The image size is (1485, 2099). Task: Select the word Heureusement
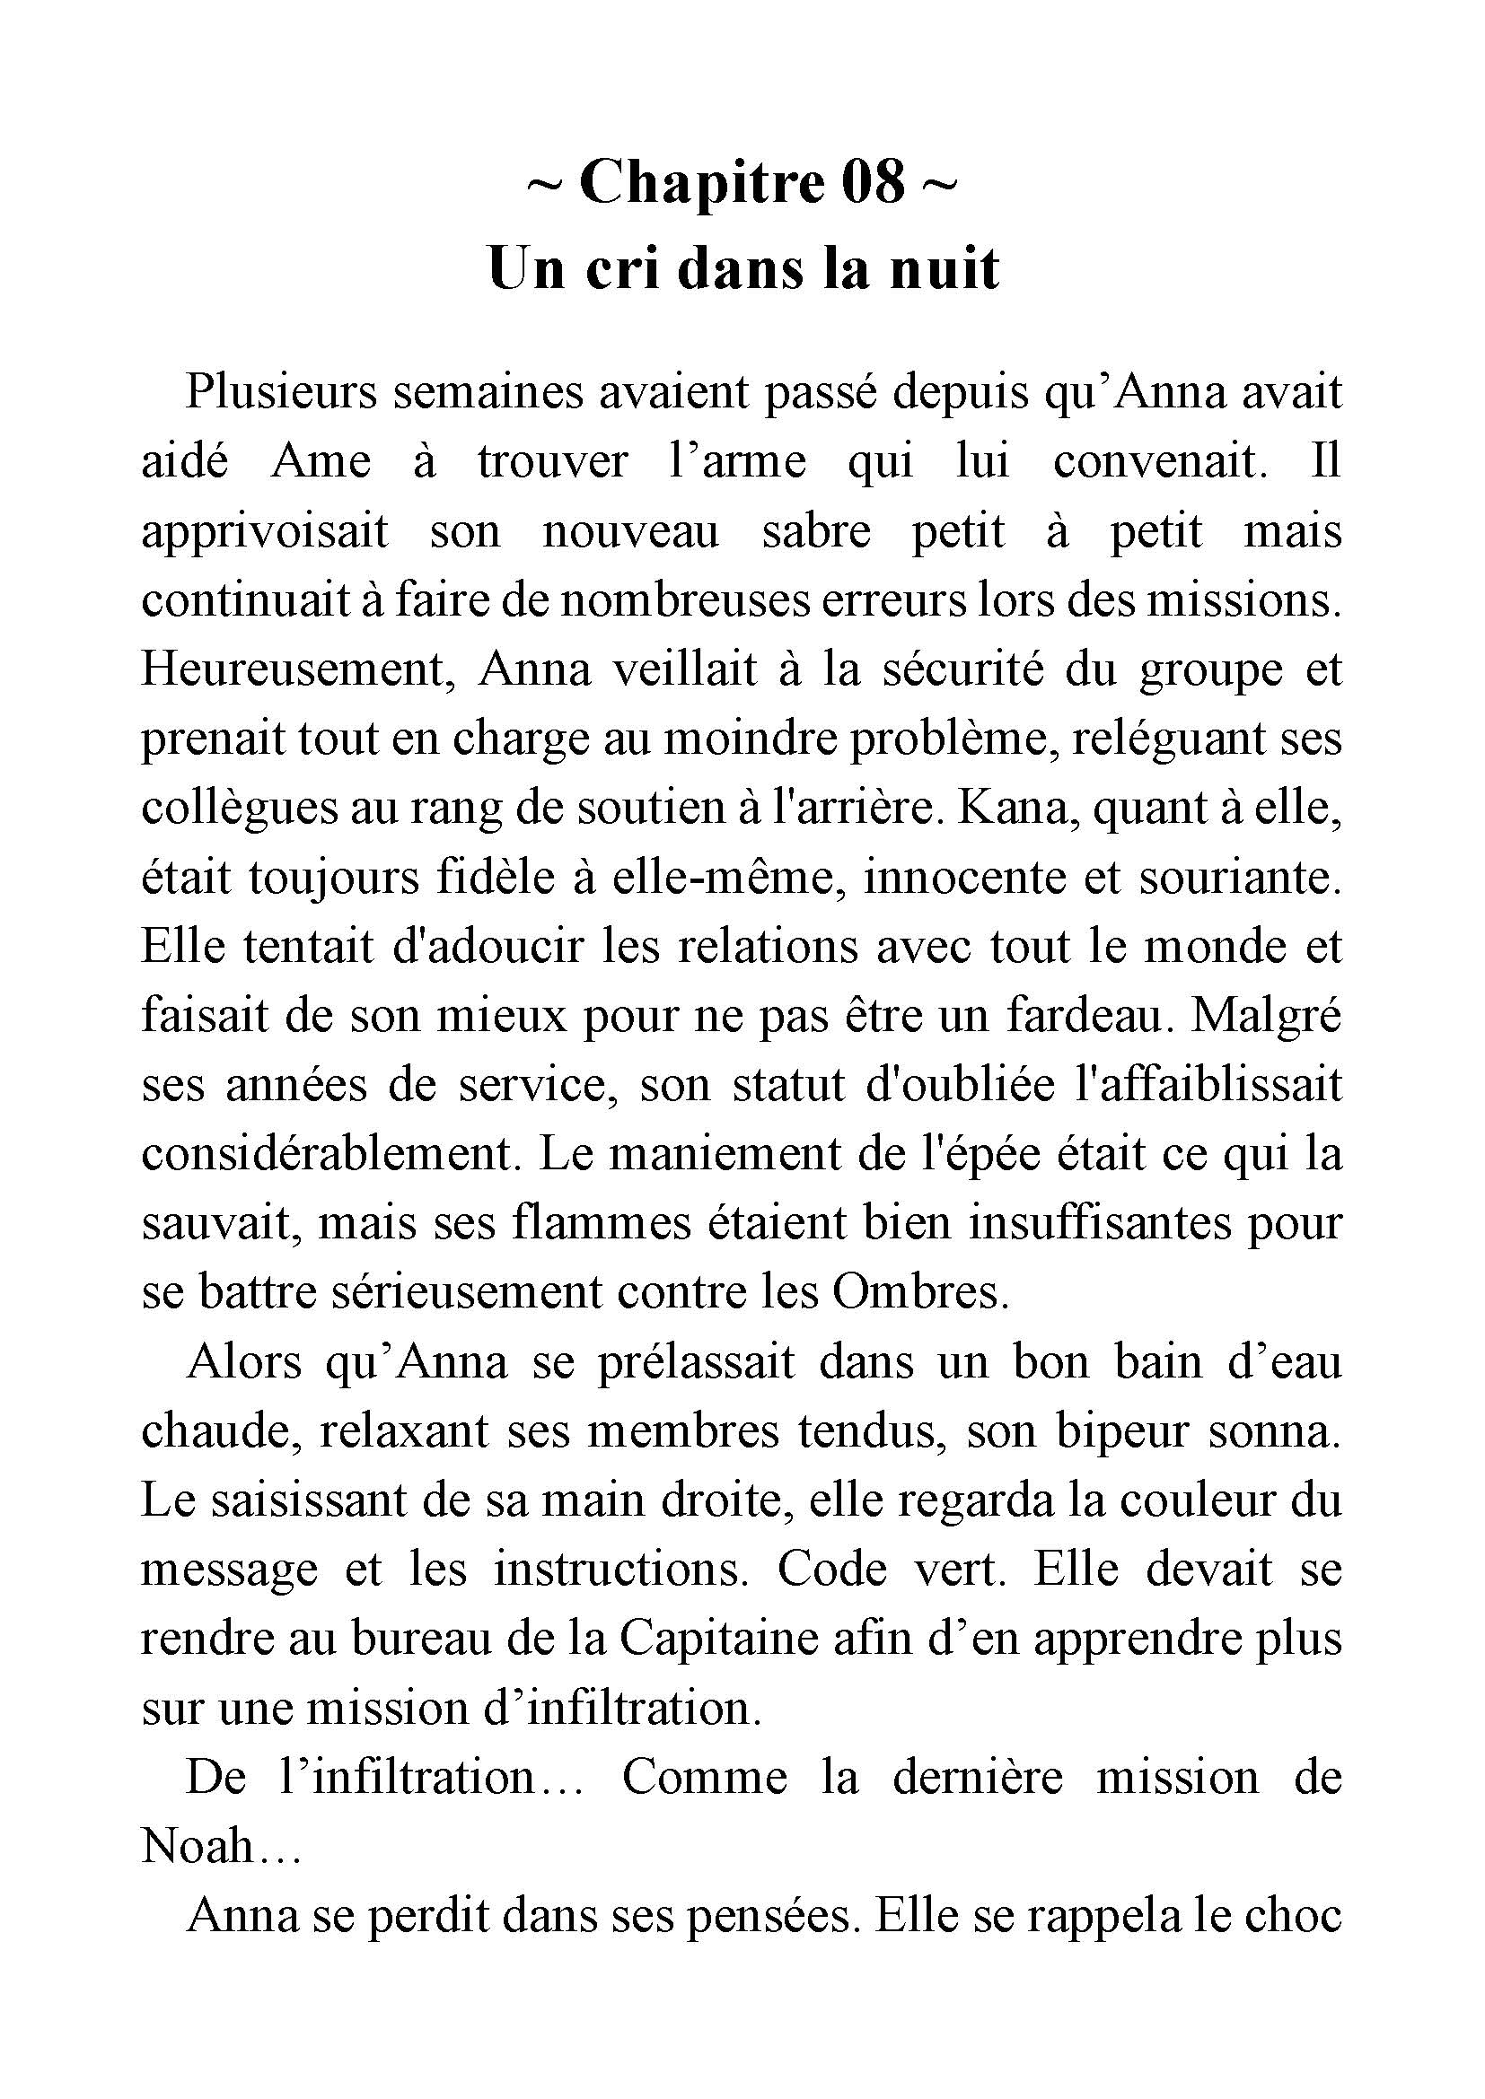click(x=299, y=670)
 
